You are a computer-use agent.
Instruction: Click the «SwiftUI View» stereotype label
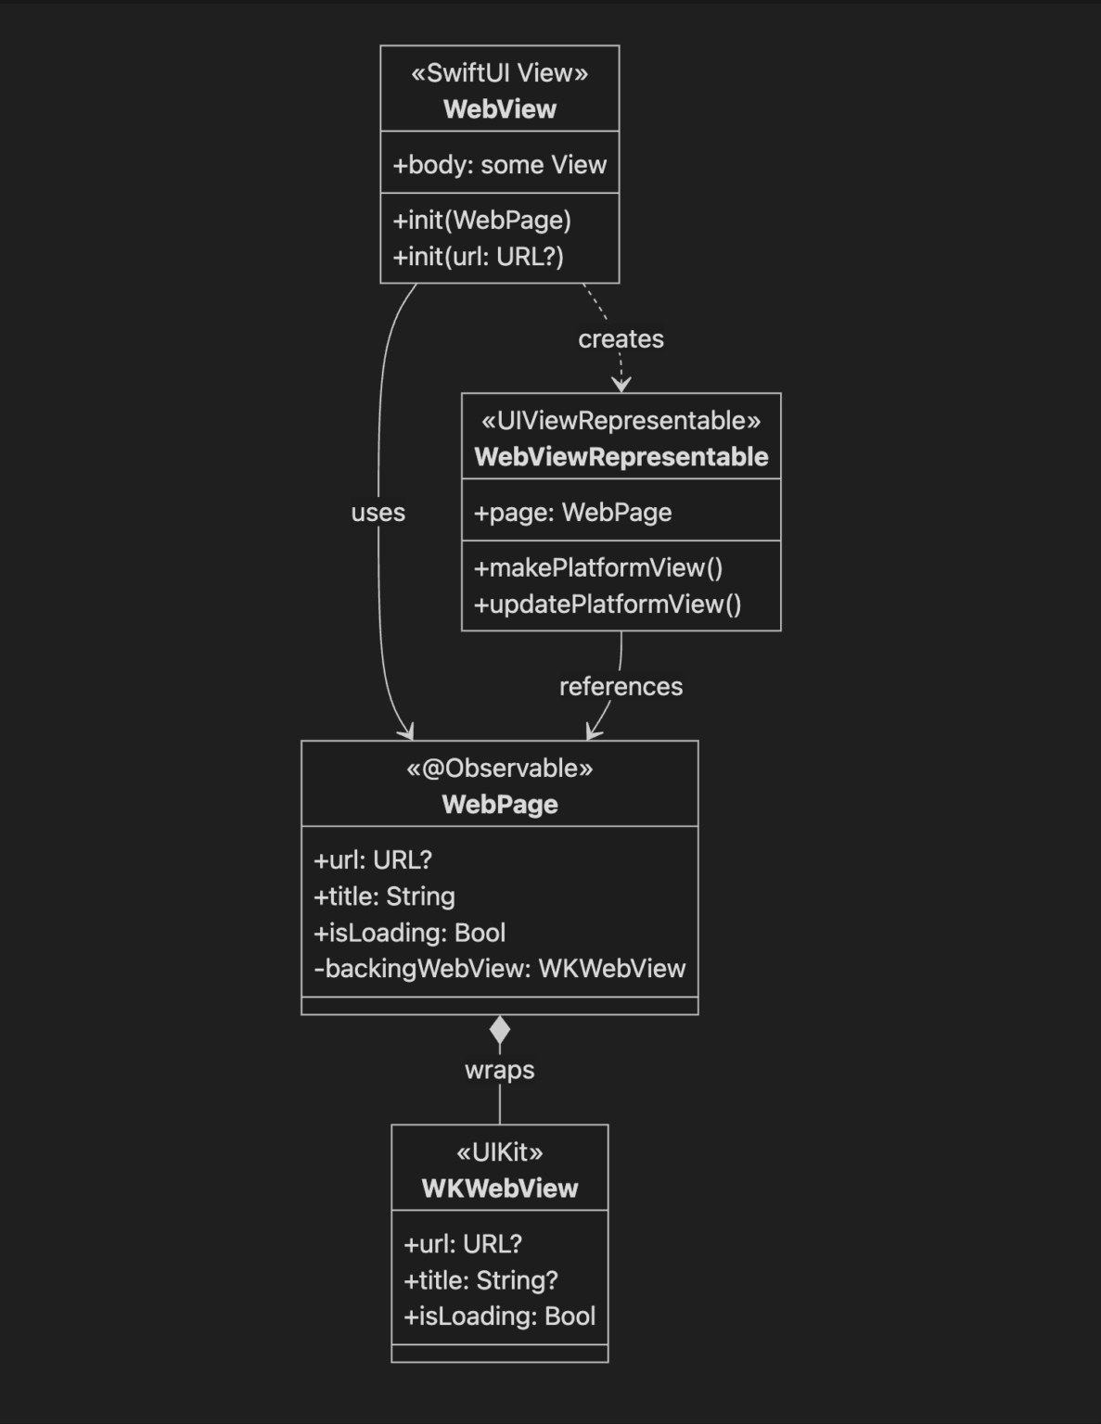(x=499, y=73)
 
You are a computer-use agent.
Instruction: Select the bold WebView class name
(x=499, y=109)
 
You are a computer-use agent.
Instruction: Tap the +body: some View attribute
(x=499, y=165)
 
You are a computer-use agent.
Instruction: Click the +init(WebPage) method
(x=482, y=221)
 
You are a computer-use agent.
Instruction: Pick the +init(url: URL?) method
(x=479, y=257)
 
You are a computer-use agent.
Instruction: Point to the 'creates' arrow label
(x=621, y=339)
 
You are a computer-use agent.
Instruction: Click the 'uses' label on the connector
(x=378, y=513)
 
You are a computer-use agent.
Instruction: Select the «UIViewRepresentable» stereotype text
(x=621, y=421)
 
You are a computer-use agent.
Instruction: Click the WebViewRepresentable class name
(x=621, y=457)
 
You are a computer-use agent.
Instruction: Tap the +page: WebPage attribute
(x=572, y=513)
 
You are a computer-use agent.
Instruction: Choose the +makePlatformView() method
(x=598, y=568)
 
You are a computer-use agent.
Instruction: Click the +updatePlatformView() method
(x=608, y=604)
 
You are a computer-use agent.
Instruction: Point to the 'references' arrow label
(x=621, y=687)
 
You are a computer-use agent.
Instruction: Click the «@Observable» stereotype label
(x=499, y=769)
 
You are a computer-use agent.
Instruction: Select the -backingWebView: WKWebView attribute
(x=499, y=969)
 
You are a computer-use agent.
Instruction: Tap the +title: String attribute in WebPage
(x=384, y=896)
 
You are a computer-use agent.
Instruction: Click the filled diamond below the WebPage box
(x=499, y=1030)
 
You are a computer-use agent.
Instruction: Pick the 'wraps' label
(x=499, y=1070)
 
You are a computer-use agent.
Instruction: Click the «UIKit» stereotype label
(x=499, y=1152)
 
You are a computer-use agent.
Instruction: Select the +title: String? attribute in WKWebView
(x=480, y=1280)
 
